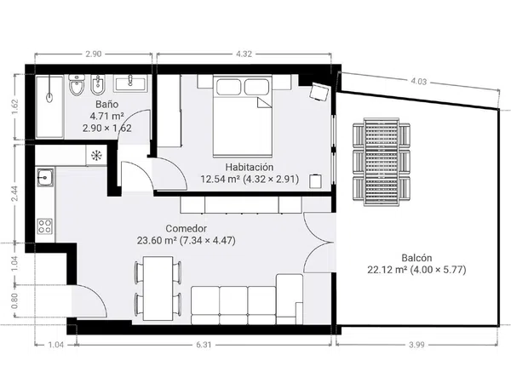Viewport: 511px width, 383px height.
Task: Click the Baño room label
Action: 107,104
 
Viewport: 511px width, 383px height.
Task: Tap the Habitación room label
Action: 250,167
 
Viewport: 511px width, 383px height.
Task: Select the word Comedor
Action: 186,229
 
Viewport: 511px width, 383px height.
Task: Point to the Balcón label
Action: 416,258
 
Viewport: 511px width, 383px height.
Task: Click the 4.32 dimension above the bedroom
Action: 244,54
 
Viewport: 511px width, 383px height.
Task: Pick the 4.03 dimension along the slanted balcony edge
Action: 418,81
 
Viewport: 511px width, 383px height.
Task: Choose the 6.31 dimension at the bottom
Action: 204,345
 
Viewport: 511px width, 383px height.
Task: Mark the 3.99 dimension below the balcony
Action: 416,345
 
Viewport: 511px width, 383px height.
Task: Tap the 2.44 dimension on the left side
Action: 15,193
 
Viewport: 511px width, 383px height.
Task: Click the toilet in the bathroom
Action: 77,85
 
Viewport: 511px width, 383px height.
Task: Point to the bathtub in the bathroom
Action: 49,107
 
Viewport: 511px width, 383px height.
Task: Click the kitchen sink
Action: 45,178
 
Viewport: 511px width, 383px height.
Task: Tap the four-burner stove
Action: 44,226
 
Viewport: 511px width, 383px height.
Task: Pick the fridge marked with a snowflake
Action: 96,156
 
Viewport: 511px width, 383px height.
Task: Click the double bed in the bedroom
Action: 243,117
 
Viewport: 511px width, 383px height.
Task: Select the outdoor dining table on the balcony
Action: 382,162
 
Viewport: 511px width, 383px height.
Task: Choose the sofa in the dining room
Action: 247,300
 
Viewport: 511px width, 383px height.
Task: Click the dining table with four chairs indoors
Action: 158,289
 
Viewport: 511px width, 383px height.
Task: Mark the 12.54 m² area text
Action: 221,179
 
